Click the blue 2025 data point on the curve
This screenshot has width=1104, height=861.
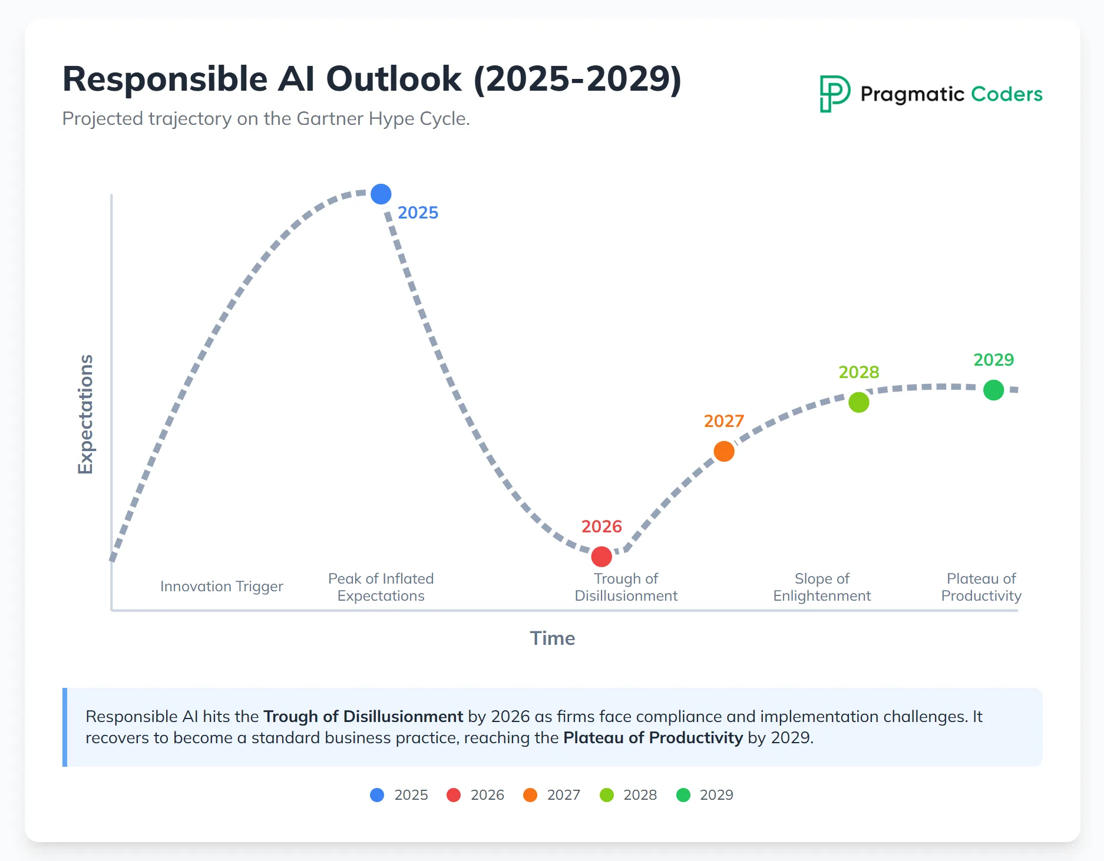pyautogui.click(x=381, y=194)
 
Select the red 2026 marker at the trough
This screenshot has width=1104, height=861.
pyautogui.click(x=601, y=557)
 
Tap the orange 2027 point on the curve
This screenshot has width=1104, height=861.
pyautogui.click(x=724, y=452)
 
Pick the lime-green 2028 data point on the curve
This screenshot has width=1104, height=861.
pyautogui.click(x=859, y=403)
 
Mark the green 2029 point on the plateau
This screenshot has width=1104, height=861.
pyautogui.click(x=994, y=390)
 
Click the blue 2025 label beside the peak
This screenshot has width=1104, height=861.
pyautogui.click(x=418, y=213)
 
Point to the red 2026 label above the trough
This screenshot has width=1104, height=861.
pyautogui.click(x=601, y=526)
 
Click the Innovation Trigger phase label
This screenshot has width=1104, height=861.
pyautogui.click(x=222, y=587)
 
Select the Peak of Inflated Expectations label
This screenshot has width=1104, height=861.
pyautogui.click(x=381, y=587)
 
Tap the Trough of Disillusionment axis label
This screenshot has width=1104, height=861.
pyautogui.click(x=626, y=587)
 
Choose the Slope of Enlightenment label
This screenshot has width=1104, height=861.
pyautogui.click(x=822, y=587)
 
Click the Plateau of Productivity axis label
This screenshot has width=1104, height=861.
pyautogui.click(x=981, y=587)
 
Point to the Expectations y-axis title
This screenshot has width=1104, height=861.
pyautogui.click(x=86, y=414)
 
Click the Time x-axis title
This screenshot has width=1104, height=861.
pyautogui.click(x=552, y=638)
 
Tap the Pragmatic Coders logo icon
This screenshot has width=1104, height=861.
pyautogui.click(x=835, y=94)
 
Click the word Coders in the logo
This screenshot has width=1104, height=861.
pyautogui.click(x=1006, y=94)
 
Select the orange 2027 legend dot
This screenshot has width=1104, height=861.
pyautogui.click(x=530, y=795)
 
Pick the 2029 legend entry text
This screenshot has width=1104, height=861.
pyautogui.click(x=716, y=795)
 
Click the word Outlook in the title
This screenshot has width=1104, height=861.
pyautogui.click(x=394, y=79)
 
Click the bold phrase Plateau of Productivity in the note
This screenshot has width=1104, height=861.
pyautogui.click(x=653, y=738)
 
